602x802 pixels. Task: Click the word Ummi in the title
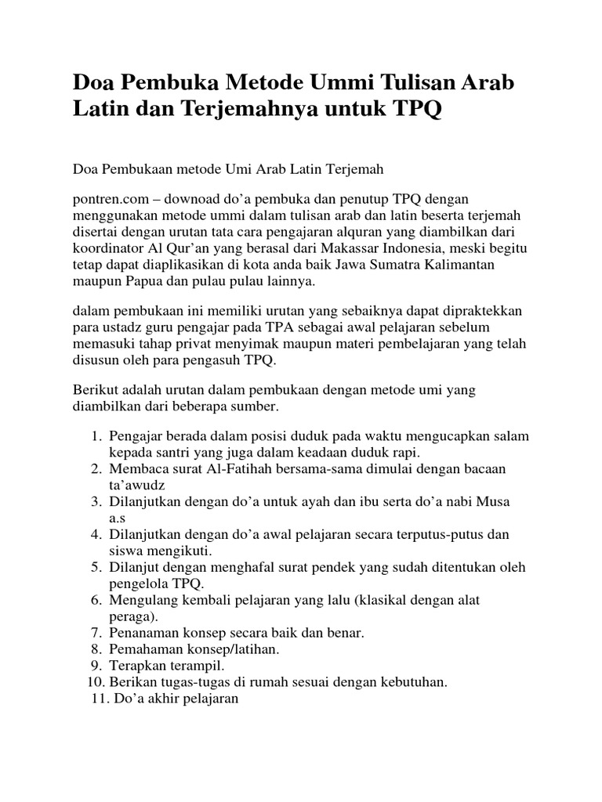click(x=335, y=81)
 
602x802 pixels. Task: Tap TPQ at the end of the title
click(x=413, y=110)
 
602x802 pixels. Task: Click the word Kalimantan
click(x=495, y=266)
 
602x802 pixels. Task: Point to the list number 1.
click(x=96, y=435)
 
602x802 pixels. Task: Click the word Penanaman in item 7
click(x=144, y=632)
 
